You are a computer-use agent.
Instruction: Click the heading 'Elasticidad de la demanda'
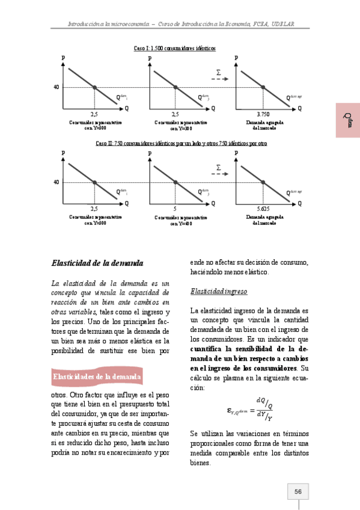pos(97,263)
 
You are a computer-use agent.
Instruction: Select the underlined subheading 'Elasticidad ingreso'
pos(219,292)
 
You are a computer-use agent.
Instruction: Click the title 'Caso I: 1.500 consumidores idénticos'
pos(174,48)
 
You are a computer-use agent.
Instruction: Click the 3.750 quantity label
pos(263,113)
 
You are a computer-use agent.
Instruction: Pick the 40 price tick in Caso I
pos(56,88)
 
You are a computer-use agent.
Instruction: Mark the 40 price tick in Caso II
pos(56,182)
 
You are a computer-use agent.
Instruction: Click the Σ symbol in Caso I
pos(218,72)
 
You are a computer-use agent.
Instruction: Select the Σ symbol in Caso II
pos(218,167)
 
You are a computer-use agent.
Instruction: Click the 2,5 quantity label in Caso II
pos(94,207)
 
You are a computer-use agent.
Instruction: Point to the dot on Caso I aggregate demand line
pos(263,88)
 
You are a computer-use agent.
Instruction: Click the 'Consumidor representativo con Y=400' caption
pos(181,220)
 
